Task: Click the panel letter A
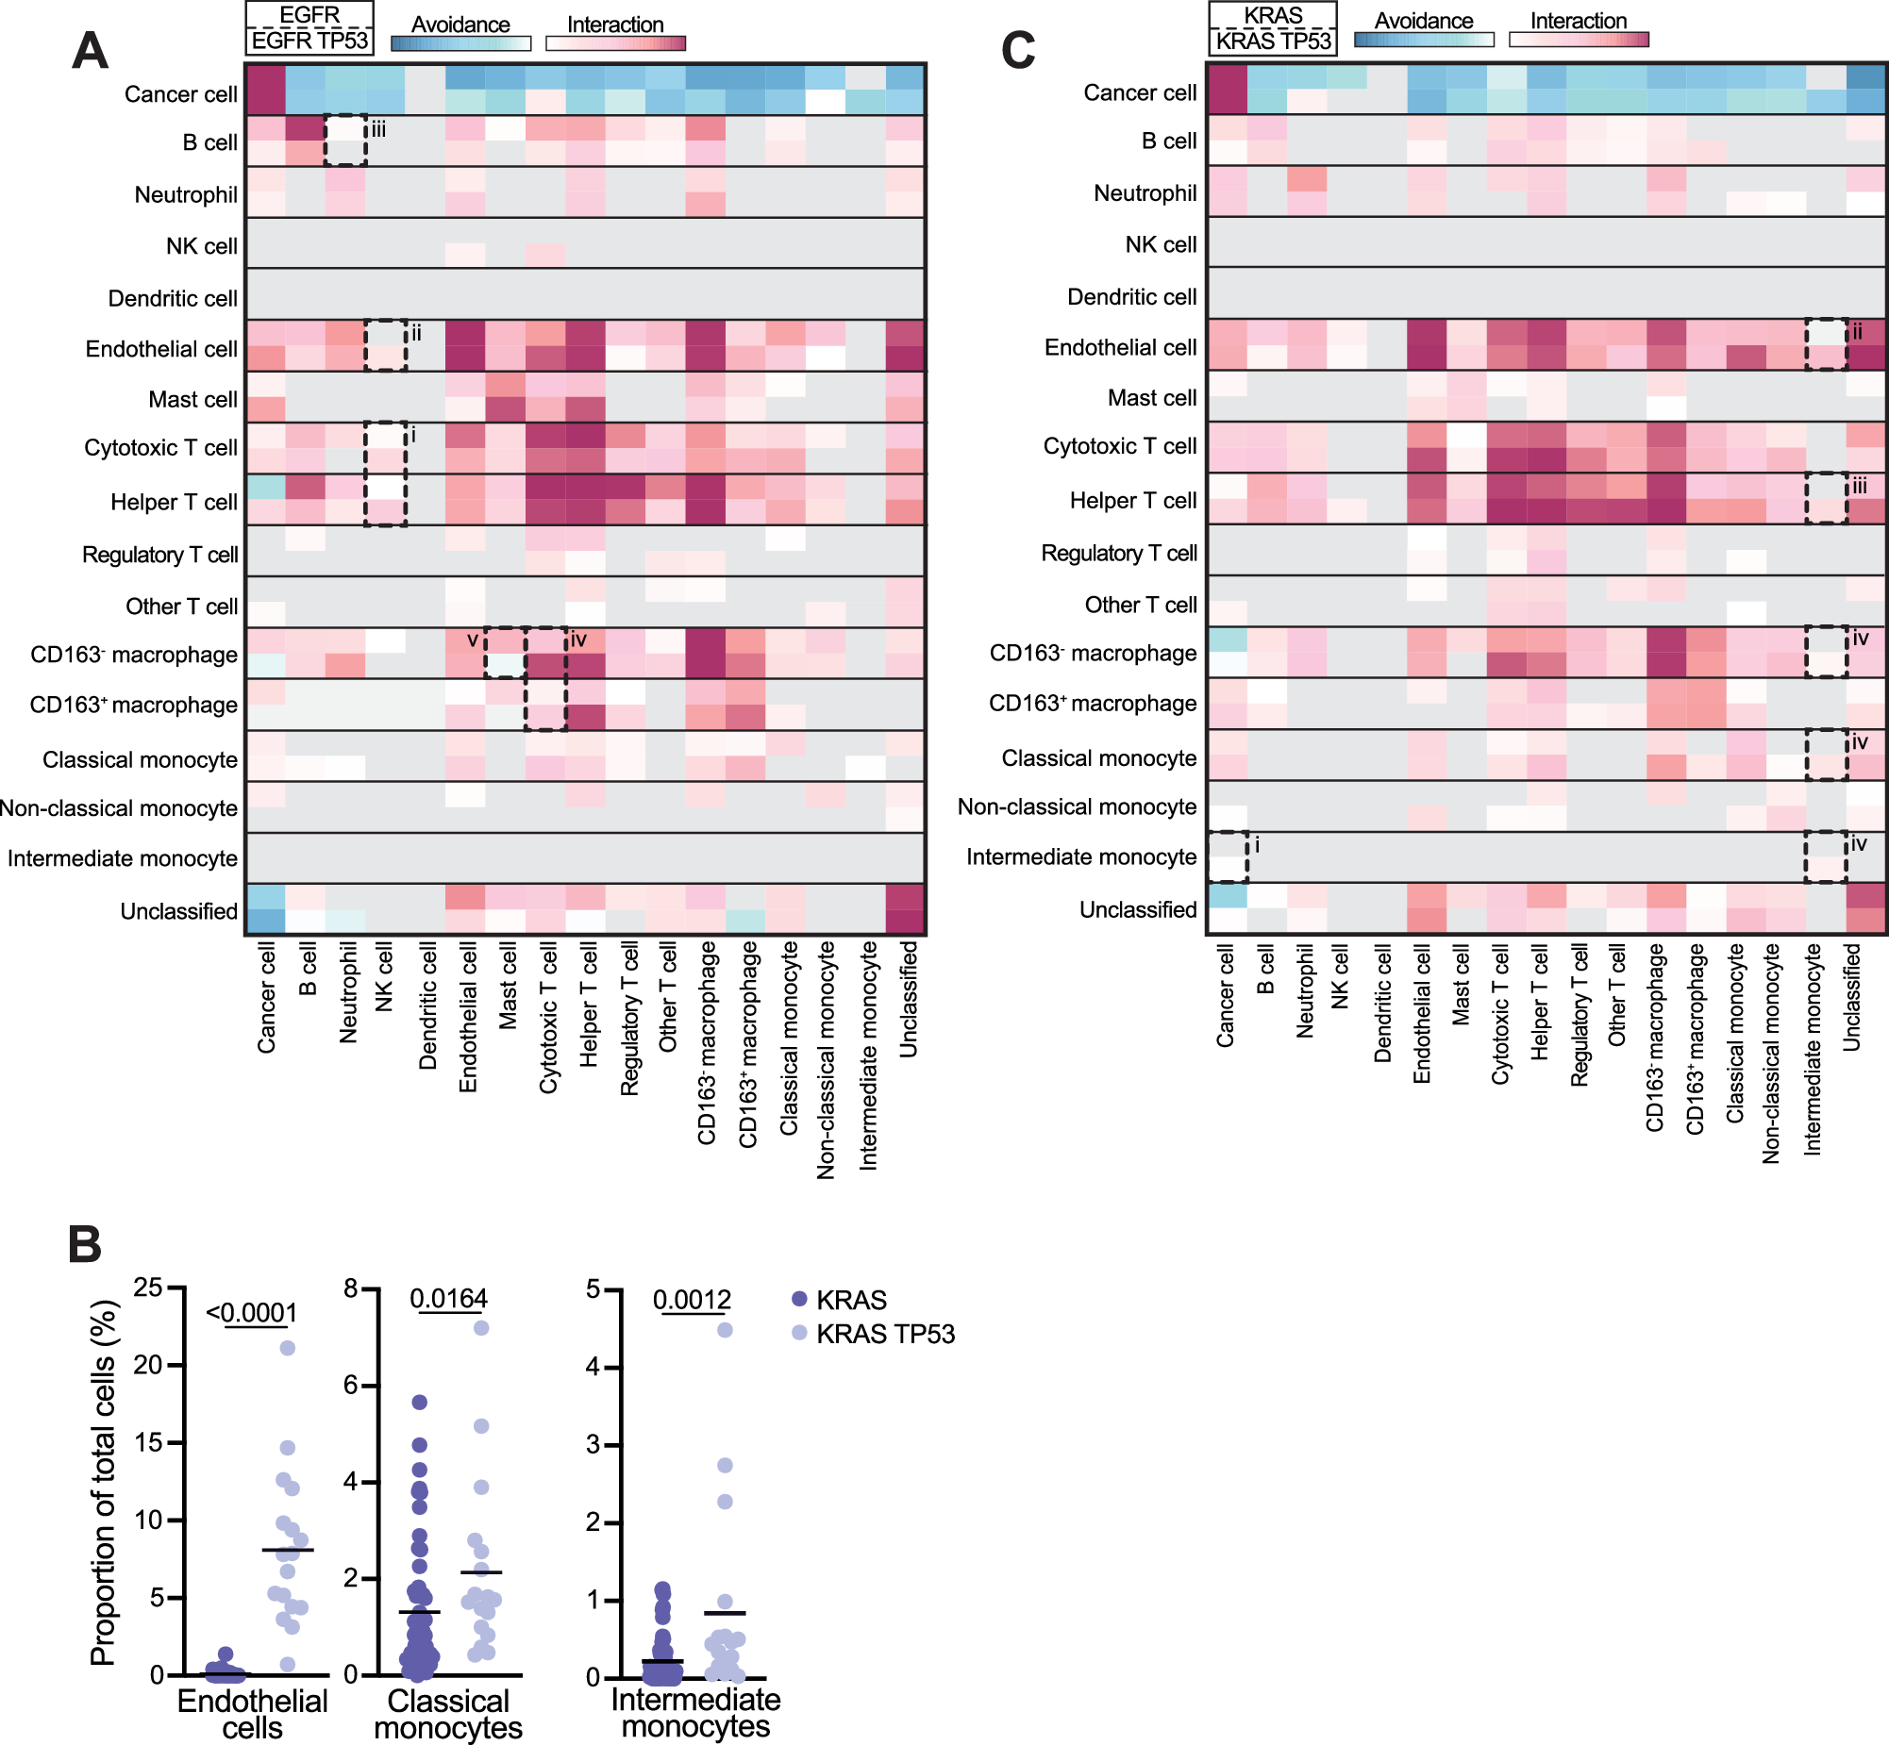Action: [90, 51]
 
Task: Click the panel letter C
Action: [1018, 51]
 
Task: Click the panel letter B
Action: [85, 1244]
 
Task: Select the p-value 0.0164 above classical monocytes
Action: [448, 1298]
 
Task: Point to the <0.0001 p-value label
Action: [251, 1313]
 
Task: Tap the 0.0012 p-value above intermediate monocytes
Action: [692, 1300]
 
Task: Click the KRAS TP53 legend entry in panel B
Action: [885, 1335]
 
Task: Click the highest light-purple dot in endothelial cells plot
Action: [288, 1348]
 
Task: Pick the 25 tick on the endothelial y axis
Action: [147, 1287]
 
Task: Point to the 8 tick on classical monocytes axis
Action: [351, 1288]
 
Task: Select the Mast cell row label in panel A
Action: [192, 399]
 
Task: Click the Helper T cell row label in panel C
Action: [1132, 501]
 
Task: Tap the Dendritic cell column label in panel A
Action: [427, 1005]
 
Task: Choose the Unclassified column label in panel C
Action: [1851, 997]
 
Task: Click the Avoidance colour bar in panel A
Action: [460, 43]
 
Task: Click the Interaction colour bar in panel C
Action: [1579, 40]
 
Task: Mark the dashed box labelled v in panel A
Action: [506, 653]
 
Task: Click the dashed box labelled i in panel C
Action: [1228, 856]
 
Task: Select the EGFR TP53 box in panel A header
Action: [309, 42]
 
